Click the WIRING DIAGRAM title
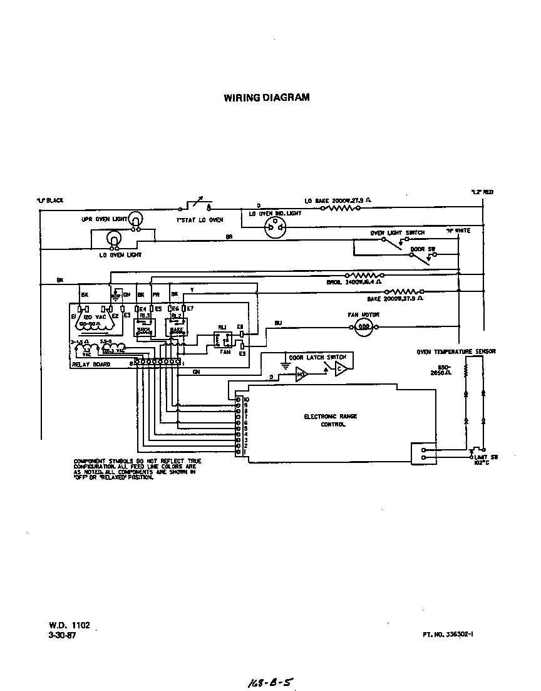[266, 98]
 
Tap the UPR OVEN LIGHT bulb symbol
[136, 219]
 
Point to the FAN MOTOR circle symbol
[363, 326]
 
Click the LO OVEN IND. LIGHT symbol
[274, 229]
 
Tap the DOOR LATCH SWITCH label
[317, 357]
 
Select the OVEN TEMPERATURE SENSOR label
[456, 352]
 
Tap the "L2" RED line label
[482, 192]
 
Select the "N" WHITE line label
[458, 231]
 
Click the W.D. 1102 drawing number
[70, 625]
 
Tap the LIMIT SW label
[485, 457]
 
